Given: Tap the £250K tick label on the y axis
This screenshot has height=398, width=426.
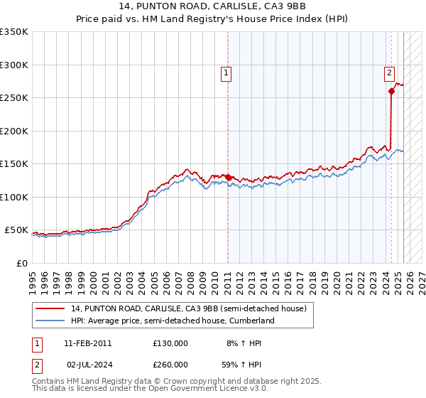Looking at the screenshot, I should click(14, 97).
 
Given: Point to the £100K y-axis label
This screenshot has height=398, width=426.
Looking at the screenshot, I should click(14, 197).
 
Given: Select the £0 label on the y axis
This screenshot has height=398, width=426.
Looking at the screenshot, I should click(21, 263).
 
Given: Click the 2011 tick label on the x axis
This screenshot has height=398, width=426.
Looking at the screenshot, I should click(228, 281).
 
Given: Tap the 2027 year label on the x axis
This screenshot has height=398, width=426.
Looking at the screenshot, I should click(422, 281).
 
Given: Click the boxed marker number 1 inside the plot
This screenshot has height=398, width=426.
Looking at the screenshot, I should click(226, 72).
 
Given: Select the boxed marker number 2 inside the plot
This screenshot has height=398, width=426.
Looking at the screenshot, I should click(389, 72).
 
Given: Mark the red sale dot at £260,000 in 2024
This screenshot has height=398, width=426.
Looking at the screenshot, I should click(391, 91).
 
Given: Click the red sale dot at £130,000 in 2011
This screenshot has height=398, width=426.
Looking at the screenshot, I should click(228, 177).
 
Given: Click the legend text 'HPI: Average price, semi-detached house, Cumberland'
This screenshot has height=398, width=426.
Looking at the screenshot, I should click(173, 321).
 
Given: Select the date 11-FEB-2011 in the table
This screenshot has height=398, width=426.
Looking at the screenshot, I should click(87, 343).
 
